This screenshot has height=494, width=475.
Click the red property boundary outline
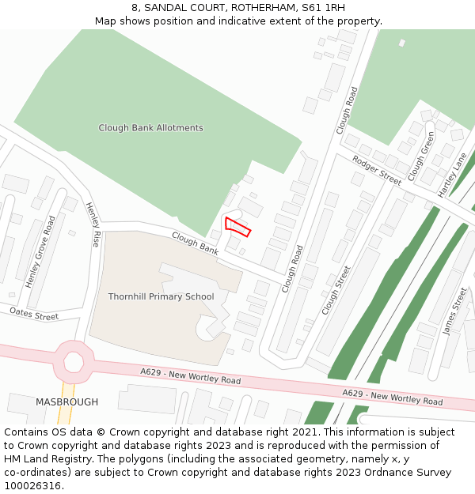(237, 226)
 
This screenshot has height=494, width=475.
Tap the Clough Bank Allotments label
(150, 128)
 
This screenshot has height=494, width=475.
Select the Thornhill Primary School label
(161, 297)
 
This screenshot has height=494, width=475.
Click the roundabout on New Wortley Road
(74, 362)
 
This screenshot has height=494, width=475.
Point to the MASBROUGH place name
(67, 402)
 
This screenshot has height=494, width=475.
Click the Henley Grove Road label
(40, 251)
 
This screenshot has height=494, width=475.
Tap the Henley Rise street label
(93, 224)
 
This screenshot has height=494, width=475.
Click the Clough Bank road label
(195, 243)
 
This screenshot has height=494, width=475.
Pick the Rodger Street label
(377, 170)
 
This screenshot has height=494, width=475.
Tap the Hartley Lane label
(453, 175)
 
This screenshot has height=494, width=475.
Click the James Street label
(455, 311)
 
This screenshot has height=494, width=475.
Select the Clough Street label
(336, 290)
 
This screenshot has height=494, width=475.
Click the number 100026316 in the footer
(32, 485)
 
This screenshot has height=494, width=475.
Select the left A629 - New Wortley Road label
(191, 375)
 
